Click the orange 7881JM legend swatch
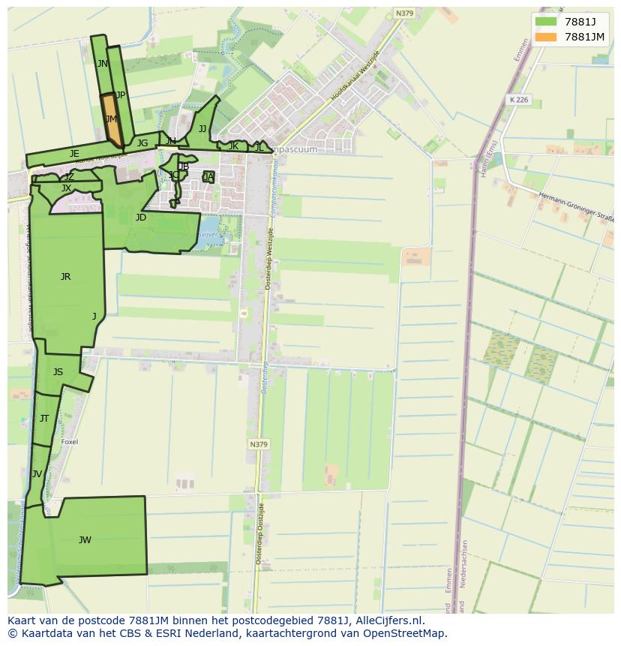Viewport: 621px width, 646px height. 546,37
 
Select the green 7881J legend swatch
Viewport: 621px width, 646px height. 546,22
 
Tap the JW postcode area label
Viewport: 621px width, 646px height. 85,539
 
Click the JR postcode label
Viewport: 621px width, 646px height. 65,277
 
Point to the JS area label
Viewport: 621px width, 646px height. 58,372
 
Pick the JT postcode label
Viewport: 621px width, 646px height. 44,419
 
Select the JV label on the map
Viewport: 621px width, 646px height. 37,474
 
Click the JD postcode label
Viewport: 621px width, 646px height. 140,218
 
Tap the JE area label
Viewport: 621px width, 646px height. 74,154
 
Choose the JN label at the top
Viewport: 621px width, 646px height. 102,64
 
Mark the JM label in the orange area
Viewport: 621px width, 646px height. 111,119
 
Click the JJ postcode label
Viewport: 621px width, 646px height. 202,129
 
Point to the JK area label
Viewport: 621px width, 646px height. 233,146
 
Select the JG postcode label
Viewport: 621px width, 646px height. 142,143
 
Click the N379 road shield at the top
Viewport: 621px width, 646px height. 404,14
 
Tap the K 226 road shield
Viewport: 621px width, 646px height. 518,100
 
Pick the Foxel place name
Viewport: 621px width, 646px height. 69,442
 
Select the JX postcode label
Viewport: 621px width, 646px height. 66,188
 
